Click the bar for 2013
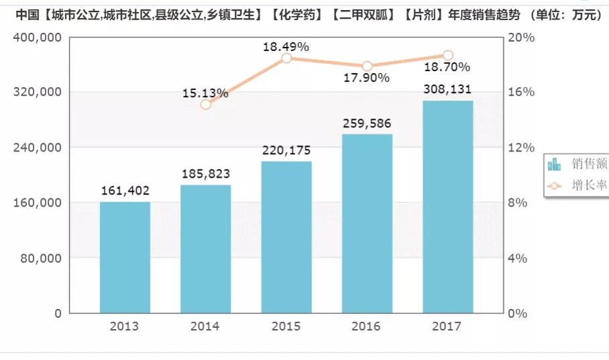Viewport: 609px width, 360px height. point(125,257)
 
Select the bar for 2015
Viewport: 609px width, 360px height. point(286,237)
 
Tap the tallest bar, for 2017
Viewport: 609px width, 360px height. point(447,207)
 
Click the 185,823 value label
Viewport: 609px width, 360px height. point(206,174)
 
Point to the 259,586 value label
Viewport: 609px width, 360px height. point(366,124)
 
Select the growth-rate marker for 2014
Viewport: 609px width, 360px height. point(206,104)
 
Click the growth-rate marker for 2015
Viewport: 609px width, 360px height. point(286,58)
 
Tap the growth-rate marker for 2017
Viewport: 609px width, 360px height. point(448,55)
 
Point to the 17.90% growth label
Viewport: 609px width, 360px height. point(366,78)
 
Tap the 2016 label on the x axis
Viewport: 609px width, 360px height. point(366,326)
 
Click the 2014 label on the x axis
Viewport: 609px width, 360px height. point(205,326)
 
